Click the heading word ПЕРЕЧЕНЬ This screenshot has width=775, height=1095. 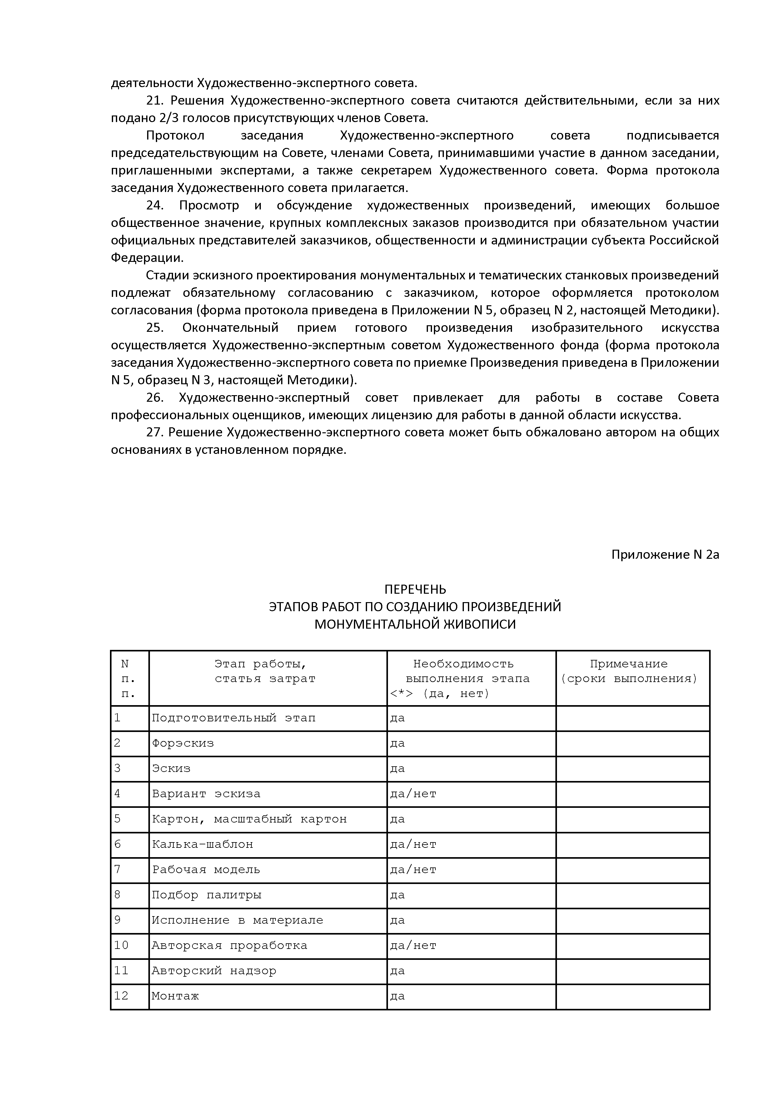pos(415,589)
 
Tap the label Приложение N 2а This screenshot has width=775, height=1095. pos(665,555)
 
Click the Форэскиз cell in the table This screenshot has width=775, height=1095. pos(183,744)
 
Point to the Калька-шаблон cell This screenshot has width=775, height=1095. pos(202,845)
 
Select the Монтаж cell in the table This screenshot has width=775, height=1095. pos(175,996)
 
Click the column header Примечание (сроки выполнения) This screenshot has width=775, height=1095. pos(628,671)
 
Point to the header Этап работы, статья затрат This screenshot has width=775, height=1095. pos(265,671)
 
